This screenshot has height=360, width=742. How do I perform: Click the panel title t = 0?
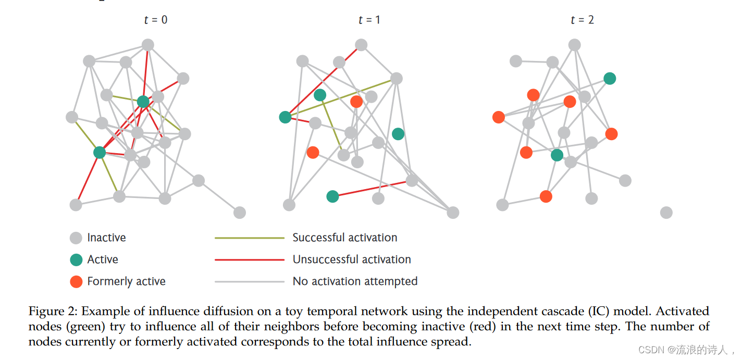pos(156,20)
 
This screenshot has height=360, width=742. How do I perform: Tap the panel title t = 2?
pos(582,20)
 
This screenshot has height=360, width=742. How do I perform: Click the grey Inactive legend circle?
pos(76,238)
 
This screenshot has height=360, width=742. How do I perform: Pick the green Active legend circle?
pos(76,260)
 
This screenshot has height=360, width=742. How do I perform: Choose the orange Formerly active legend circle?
pos(76,282)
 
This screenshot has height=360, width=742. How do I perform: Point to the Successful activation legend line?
pos(250,238)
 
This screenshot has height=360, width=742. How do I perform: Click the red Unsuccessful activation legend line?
pos(250,260)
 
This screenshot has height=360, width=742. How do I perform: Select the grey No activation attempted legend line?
pos(250,282)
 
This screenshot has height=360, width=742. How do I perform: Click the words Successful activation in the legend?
pos(344,238)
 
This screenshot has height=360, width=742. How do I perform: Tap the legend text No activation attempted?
pos(355,282)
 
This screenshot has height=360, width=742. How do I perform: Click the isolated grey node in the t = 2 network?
pos(666,213)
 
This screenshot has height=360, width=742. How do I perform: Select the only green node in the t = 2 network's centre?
pos(557,155)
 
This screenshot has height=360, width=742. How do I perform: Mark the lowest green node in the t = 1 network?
pos(332,196)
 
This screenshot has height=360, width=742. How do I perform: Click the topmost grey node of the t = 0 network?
pos(148,45)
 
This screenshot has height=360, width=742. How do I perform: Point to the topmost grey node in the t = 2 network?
pos(574,45)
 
